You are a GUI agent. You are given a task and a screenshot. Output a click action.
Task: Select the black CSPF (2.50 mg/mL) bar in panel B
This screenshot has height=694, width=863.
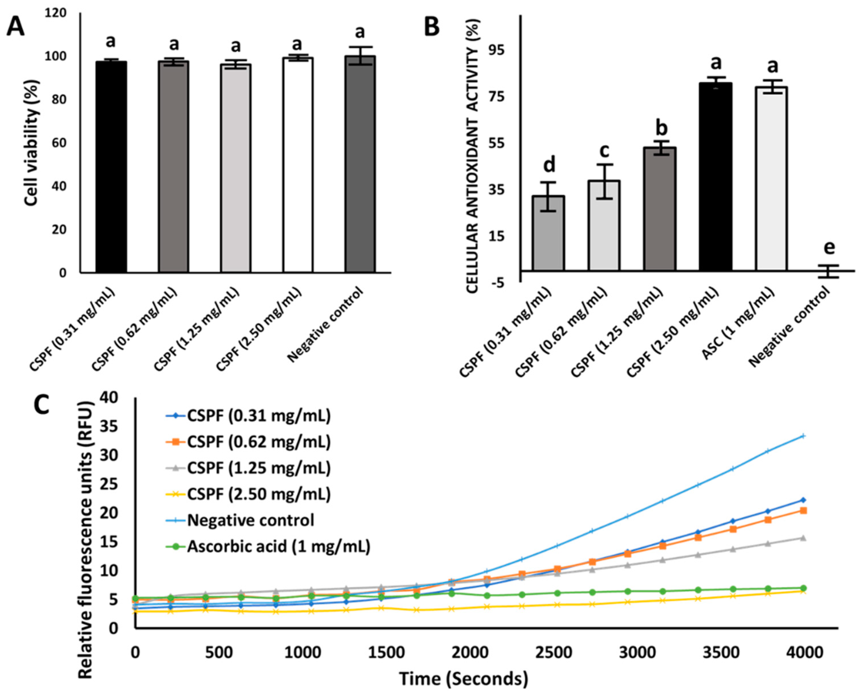716,176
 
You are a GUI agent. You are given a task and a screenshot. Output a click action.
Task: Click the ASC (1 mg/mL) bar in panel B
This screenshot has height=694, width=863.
771,178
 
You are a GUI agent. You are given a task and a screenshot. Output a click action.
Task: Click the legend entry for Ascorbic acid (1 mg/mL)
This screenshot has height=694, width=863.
279,546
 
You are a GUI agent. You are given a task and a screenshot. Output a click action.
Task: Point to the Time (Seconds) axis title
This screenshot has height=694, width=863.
464,679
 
